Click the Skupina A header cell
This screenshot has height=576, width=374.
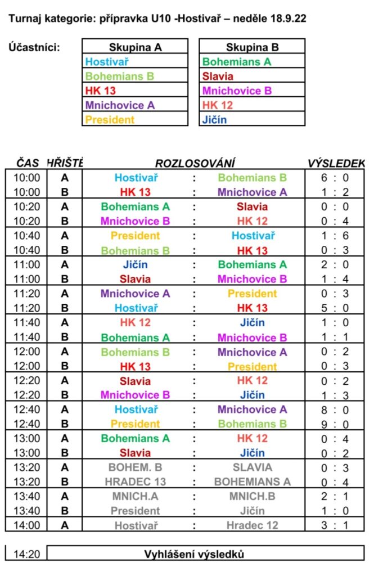[135, 47]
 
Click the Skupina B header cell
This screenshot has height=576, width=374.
[252, 47]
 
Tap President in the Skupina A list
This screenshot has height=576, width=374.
[110, 119]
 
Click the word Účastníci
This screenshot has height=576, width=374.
[34, 47]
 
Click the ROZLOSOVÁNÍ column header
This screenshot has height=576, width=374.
[195, 163]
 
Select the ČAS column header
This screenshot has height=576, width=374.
[28, 163]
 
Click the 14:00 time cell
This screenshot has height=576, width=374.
[28, 525]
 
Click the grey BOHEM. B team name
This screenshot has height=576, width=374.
[135, 467]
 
